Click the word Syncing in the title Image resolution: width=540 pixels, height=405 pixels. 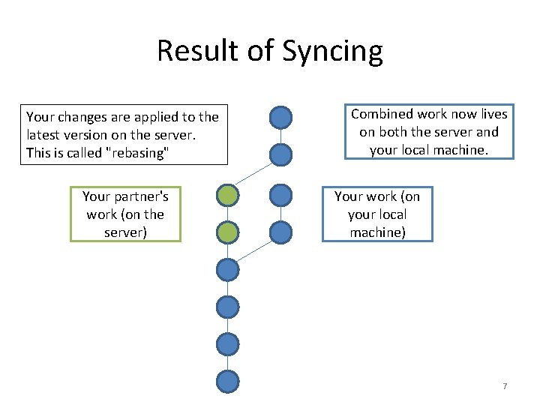pyautogui.click(x=332, y=52)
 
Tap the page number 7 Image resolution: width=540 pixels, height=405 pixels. pyautogui.click(x=505, y=386)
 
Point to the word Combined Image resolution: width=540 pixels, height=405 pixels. pyautogui.click(x=382, y=114)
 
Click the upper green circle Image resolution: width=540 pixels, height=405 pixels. pyautogui.click(x=227, y=196)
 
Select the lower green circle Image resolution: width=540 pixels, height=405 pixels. pyautogui.click(x=227, y=232)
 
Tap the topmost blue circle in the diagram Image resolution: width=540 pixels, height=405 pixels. pyautogui.click(x=280, y=118)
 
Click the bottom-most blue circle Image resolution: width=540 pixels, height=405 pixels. pyautogui.click(x=227, y=381)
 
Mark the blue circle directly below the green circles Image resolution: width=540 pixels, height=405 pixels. pyautogui.click(x=227, y=268)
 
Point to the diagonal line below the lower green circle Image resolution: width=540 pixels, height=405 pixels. pyautogui.click(x=253, y=251)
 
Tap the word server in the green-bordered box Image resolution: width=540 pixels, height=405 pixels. pyautogui.click(x=125, y=232)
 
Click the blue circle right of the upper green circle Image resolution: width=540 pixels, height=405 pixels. pyautogui.click(x=280, y=196)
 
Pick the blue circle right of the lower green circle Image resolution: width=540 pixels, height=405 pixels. pyautogui.click(x=280, y=232)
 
